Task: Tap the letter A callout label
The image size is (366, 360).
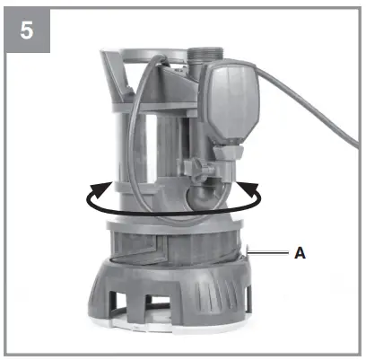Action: pos(300,254)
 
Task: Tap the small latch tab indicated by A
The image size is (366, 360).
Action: pos(244,253)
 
